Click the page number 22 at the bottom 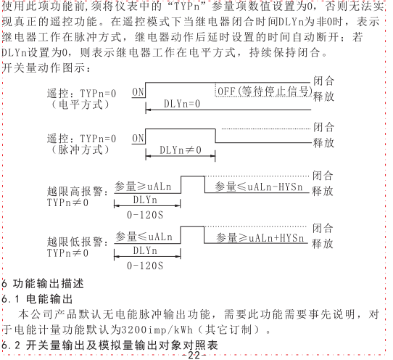tap(194, 355)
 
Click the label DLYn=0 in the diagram tap(182, 104)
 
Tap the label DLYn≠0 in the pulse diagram tap(181, 150)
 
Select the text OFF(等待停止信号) tap(265, 91)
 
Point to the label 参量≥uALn tap(143, 187)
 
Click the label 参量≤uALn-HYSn tap(259, 187)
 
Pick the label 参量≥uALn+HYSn tap(260, 238)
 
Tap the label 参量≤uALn tap(144, 237)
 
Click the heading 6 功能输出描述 tap(43, 284)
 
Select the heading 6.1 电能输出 tap(37, 299)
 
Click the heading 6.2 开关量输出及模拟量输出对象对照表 tap(109, 345)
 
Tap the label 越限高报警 tap(75, 192)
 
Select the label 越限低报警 tap(75, 242)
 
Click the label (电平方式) tap(80, 105)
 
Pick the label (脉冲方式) tap(80, 150)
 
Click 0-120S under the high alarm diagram tap(145, 215)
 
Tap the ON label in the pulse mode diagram tap(138, 139)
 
